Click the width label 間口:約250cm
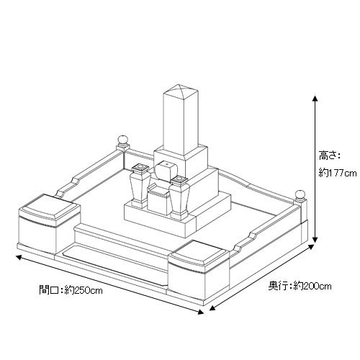click(x=71, y=290)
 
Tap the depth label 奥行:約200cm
click(x=300, y=286)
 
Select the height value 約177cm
click(x=338, y=173)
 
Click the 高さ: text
click(x=329, y=156)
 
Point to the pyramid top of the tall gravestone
click(x=181, y=89)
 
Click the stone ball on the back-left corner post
click(x=123, y=140)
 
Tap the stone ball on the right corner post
click(x=300, y=194)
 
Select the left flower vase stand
click(x=140, y=186)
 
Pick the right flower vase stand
click(x=179, y=198)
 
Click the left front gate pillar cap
click(x=49, y=207)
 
